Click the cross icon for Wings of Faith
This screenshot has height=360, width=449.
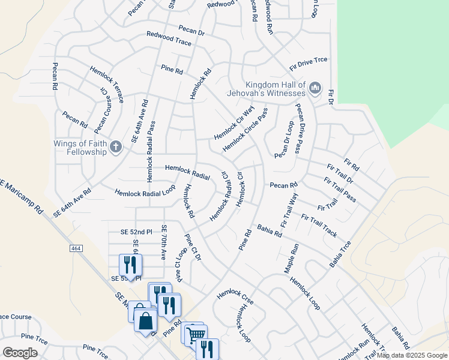118,145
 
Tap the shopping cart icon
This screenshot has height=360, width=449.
195,334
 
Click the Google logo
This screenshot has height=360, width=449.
20,352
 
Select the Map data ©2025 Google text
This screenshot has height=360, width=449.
411,355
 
